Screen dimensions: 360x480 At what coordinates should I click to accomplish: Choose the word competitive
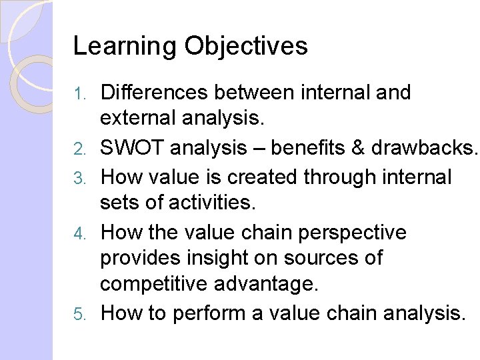(155, 285)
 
